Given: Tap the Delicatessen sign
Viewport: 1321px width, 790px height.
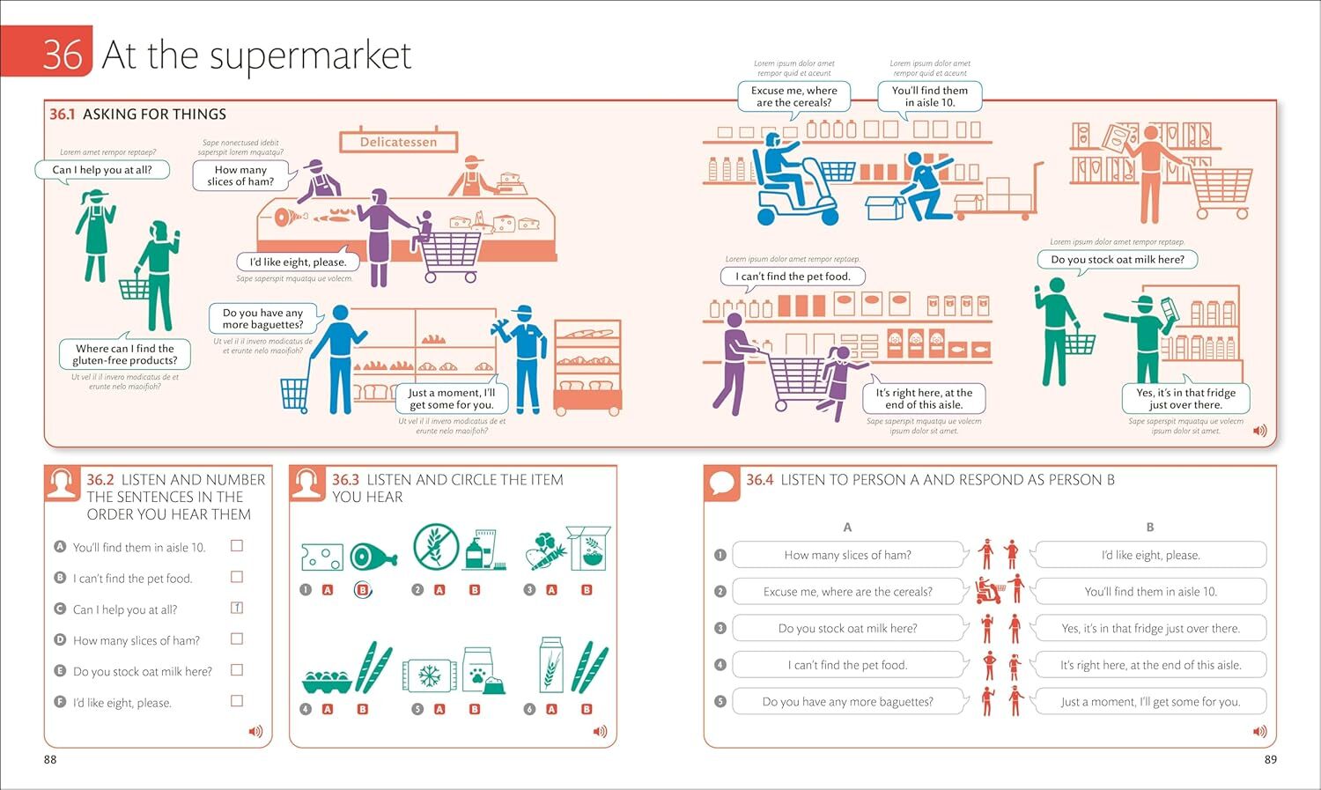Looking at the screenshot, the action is point(398,142).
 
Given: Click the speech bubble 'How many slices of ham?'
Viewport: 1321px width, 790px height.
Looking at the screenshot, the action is point(240,175).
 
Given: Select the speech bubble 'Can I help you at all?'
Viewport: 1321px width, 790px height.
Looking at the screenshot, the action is point(102,170).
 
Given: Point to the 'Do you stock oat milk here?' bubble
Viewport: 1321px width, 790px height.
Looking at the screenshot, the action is point(1117,260).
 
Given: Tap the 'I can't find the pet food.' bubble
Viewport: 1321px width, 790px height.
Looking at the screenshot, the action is point(794,277).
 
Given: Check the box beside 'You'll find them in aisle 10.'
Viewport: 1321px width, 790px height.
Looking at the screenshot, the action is point(237,546).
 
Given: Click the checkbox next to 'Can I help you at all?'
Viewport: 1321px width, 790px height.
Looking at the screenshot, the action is point(237,608).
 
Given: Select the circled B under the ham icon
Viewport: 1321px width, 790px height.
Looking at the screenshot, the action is point(362,590).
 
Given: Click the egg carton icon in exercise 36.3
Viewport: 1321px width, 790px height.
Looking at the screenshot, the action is point(327,680).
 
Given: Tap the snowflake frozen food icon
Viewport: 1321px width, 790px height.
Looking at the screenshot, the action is point(430,676).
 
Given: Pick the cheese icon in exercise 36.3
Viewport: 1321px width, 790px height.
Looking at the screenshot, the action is point(321,557).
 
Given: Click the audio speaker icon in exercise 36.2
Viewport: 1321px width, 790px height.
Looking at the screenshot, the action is point(255,731).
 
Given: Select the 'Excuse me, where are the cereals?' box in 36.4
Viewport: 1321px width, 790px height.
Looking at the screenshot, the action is point(847,592).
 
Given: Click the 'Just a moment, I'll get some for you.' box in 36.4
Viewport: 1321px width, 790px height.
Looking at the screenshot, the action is point(1150,702).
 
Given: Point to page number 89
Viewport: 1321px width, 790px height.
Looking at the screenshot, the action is point(1270,759).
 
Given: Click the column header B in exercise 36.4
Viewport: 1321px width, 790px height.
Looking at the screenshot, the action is point(1149,527).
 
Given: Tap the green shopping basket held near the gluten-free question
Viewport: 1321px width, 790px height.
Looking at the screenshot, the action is point(133,288).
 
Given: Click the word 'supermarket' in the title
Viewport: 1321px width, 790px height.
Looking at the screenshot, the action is point(310,55).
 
